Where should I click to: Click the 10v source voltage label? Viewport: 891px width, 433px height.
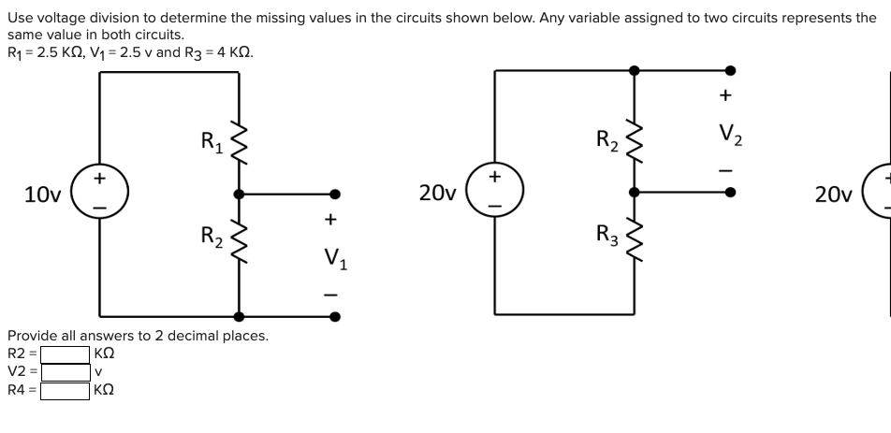tap(42, 195)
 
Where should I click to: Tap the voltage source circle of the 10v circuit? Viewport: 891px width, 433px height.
tap(99, 194)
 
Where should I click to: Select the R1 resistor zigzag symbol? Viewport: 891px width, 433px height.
tap(239, 143)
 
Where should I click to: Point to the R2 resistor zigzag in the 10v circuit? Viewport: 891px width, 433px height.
tap(239, 245)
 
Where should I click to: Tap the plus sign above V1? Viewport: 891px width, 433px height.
tap(329, 221)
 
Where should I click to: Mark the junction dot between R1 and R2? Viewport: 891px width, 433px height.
tap(239, 195)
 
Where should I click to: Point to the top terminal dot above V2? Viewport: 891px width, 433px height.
tap(731, 70)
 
